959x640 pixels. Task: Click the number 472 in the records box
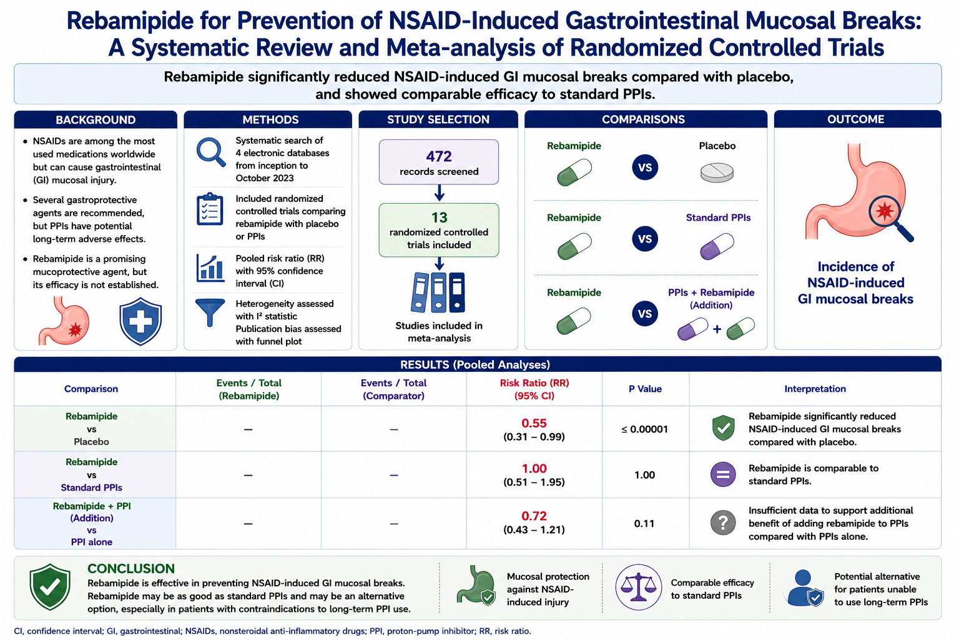pyautogui.click(x=439, y=156)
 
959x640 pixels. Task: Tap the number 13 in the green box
pyautogui.click(x=440, y=217)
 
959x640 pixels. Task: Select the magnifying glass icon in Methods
pyautogui.click(x=210, y=152)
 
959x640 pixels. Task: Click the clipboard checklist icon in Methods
pyautogui.click(x=210, y=209)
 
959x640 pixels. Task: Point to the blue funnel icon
pyautogui.click(x=210, y=312)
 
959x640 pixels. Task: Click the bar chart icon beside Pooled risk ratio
pyautogui.click(x=210, y=268)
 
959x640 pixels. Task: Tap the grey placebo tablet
pyautogui.click(x=717, y=172)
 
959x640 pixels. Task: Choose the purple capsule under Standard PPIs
pyautogui.click(x=717, y=246)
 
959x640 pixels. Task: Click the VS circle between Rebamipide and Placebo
pyautogui.click(x=645, y=167)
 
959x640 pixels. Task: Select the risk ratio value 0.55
pyautogui.click(x=534, y=423)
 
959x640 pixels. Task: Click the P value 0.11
pyautogui.click(x=644, y=523)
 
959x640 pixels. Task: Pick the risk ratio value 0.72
pyautogui.click(x=534, y=516)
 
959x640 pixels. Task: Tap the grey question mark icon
pyautogui.click(x=723, y=523)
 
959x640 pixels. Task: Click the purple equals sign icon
pyautogui.click(x=723, y=474)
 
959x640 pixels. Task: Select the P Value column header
pyautogui.click(x=645, y=389)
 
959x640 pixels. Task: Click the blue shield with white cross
pyautogui.click(x=140, y=321)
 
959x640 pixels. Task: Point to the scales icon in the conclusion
pyautogui.click(x=638, y=587)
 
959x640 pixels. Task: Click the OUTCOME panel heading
pyautogui.click(x=855, y=119)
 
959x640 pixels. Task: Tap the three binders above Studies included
pyautogui.click(x=438, y=292)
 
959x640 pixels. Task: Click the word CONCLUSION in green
pyautogui.click(x=131, y=568)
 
